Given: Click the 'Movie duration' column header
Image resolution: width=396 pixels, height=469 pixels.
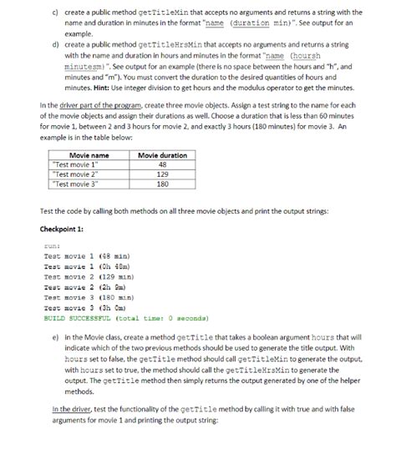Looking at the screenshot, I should [162, 155].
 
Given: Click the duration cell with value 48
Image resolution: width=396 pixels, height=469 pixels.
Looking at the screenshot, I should [162, 164].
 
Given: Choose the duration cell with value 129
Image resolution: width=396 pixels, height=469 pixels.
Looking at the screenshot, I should [162, 174].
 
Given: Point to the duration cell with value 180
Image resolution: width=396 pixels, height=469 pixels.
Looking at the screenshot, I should [162, 184].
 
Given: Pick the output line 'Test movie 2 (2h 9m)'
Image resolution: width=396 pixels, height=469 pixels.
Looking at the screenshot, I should [86, 286].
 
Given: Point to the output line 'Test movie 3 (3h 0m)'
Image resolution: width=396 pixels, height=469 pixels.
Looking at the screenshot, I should [86, 305].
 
